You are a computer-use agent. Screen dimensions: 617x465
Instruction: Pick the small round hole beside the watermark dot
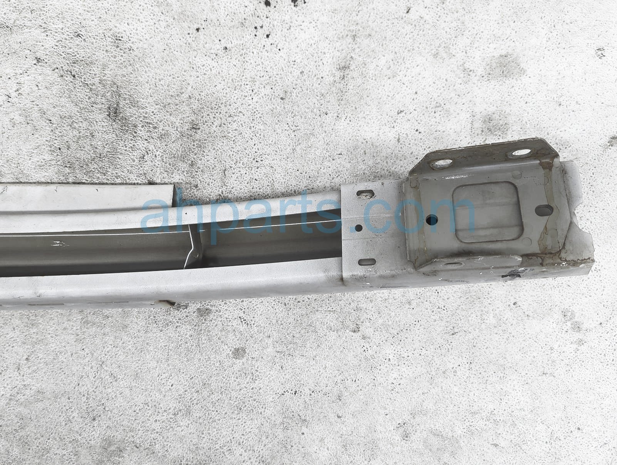click(x=359, y=227)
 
